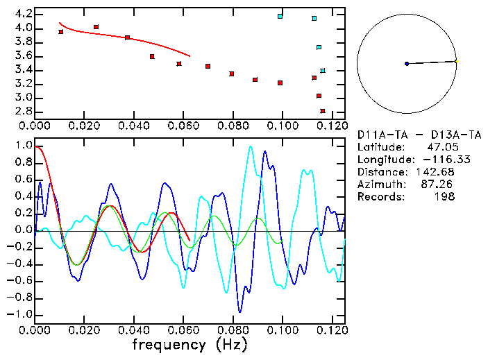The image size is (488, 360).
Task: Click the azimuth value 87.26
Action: coord(441,184)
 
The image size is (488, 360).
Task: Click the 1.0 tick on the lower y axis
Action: coord(23,146)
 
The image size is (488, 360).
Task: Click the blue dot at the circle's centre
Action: coord(407,64)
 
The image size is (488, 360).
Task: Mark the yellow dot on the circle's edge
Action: coord(456,61)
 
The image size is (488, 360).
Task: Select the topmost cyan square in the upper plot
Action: coord(280,16)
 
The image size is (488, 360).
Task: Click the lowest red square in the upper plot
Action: coord(323,111)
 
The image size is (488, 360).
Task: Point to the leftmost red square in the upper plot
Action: coord(61,32)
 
